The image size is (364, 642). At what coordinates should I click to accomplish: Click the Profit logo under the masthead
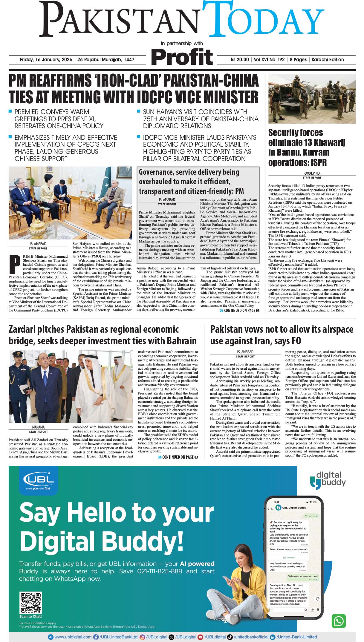pyautogui.click(x=182, y=57)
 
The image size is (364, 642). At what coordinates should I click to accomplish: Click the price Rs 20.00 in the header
pyautogui.click(x=239, y=59)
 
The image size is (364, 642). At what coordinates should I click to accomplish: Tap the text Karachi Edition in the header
pyautogui.click(x=328, y=59)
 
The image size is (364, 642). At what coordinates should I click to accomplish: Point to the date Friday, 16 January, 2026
pyautogui.click(x=46, y=59)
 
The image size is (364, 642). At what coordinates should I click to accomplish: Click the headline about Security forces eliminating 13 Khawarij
pyautogui.click(x=306, y=148)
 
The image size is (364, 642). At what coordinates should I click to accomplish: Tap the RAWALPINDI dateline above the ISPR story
pyautogui.click(x=312, y=173)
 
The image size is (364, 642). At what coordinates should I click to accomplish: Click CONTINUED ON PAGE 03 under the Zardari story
pyautogui.click(x=178, y=457)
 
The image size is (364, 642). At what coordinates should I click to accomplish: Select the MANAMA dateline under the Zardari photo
pyautogui.click(x=38, y=427)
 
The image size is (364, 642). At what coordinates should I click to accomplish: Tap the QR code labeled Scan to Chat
pyautogui.click(x=30, y=603)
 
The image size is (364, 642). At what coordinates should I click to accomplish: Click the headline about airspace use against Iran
pyautogui.click(x=282, y=335)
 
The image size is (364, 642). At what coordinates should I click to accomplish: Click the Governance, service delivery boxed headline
pyautogui.click(x=191, y=181)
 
